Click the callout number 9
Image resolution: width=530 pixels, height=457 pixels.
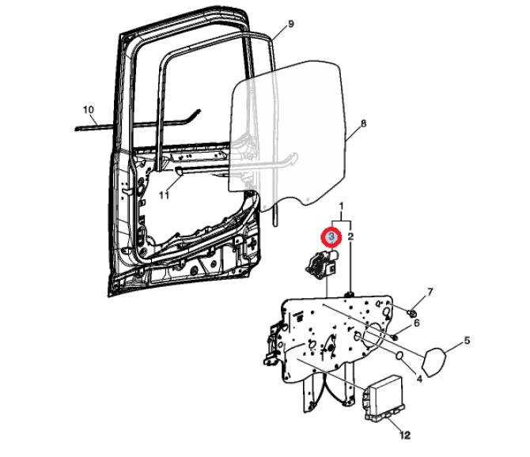click(290, 25)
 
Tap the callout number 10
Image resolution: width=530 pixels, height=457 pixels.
click(89, 110)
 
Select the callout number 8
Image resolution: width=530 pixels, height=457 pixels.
click(363, 123)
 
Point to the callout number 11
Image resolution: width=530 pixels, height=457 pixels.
click(164, 195)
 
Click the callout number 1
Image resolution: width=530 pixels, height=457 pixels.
click(342, 206)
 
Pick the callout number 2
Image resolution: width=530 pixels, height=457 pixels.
click(350, 236)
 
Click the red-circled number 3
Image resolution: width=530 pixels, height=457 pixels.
click(331, 237)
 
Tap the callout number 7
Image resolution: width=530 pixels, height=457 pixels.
click(430, 292)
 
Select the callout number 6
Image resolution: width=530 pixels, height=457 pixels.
click(416, 323)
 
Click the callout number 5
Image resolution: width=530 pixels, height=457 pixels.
click(467, 341)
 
